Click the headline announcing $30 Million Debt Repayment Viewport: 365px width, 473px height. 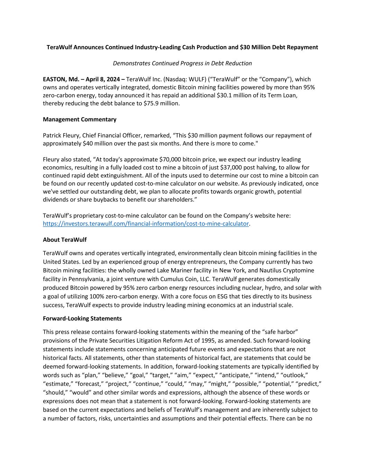(x=182, y=47)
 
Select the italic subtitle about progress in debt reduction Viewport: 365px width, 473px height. (x=182, y=63)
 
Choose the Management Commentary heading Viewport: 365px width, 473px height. (x=80, y=120)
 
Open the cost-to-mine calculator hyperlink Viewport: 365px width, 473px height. (x=146, y=224)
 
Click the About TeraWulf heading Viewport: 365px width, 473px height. (x=65, y=240)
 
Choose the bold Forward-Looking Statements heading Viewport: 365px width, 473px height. (x=82, y=318)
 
